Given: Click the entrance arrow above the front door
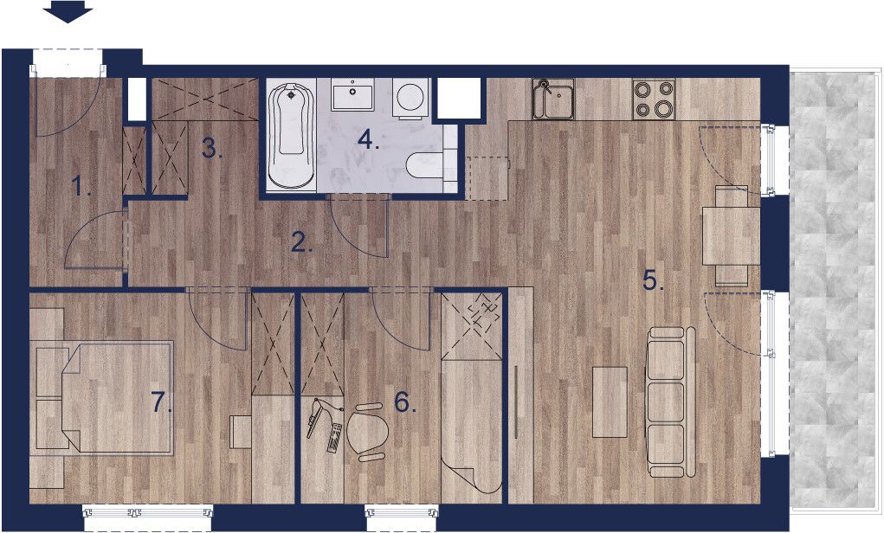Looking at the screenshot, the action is tap(68, 11).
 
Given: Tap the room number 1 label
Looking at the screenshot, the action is tap(81, 185).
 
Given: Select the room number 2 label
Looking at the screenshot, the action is tap(303, 242).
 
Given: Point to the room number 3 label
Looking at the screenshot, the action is tap(212, 149).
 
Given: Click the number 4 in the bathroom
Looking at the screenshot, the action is tap(369, 139).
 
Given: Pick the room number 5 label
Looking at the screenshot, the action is tap(654, 280).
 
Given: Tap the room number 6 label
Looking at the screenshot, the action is tap(405, 402).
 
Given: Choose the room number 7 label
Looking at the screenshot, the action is tap(163, 403).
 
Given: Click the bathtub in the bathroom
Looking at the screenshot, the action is tap(291, 136).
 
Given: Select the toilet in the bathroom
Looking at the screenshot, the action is tap(424, 165).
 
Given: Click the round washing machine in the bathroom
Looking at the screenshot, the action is tap(410, 98).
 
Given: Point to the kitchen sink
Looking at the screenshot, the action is tap(553, 100).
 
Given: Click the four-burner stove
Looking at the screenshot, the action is tap(654, 100).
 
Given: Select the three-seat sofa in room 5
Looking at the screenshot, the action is tap(671, 401).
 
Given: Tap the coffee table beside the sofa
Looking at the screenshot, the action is tap(610, 401).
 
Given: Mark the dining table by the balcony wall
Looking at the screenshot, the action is tap(732, 236).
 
